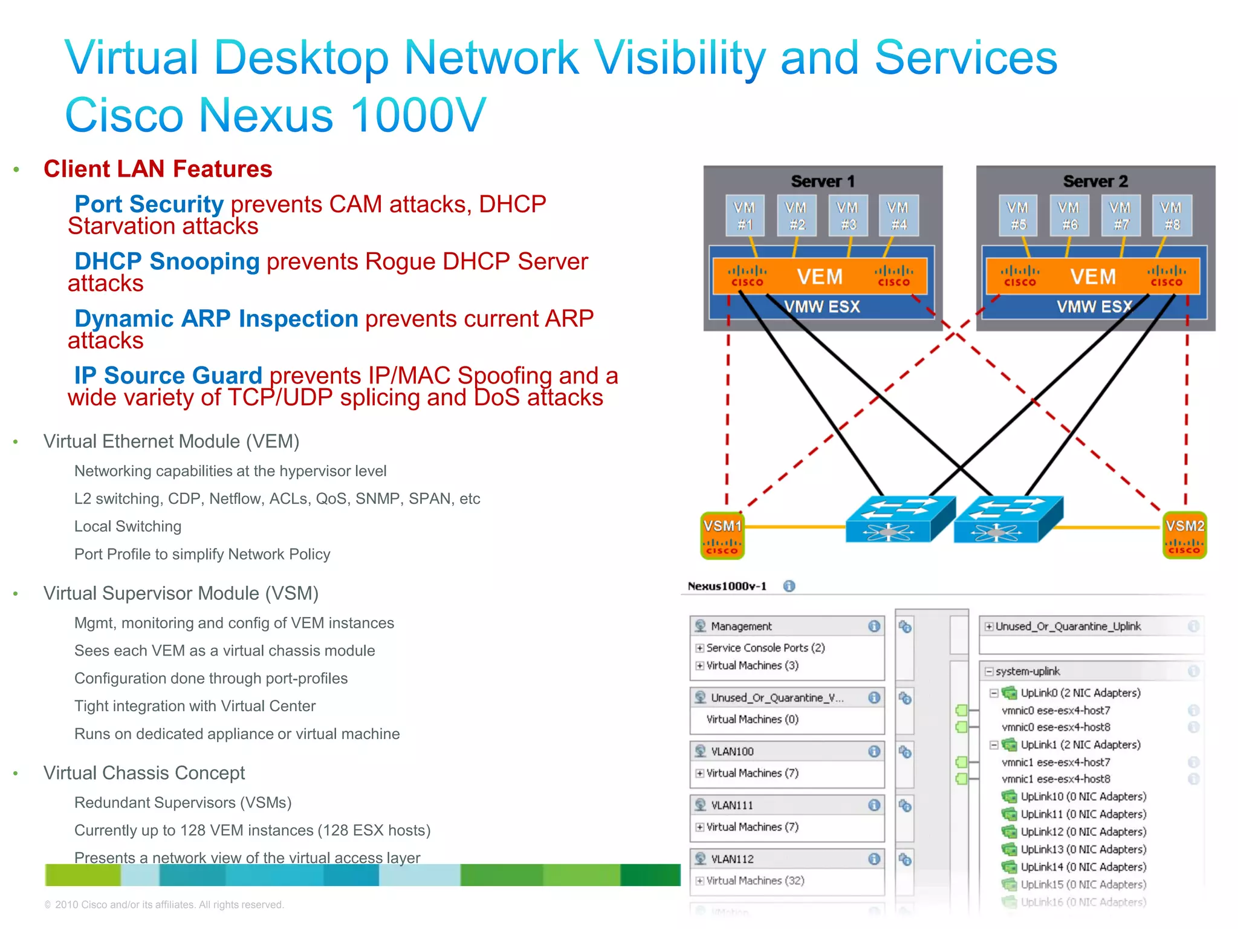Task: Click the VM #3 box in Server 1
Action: [848, 216]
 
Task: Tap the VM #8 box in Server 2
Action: [1172, 216]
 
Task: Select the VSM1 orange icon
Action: [722, 535]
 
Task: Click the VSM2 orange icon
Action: [1184, 535]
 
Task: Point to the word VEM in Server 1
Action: [819, 277]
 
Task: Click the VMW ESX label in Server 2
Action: [1094, 307]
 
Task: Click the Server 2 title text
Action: [1095, 181]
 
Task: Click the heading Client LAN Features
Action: [158, 169]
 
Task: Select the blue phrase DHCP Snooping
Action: [167, 261]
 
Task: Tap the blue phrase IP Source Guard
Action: [168, 376]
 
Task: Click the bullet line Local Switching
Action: [128, 526]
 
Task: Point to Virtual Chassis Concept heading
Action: [144, 773]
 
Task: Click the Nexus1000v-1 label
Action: [727, 586]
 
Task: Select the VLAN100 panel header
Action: [732, 751]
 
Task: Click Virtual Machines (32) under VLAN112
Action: [755, 881]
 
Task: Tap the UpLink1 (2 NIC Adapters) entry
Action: [1080, 745]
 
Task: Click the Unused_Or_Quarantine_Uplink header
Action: [1068, 627]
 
